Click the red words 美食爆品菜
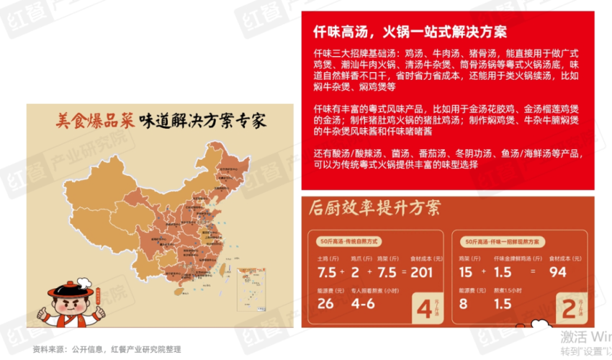pyautogui.click(x=96, y=120)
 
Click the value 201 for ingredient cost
pyautogui.click(x=421, y=271)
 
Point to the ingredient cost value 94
pyautogui.click(x=559, y=271)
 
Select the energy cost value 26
pyautogui.click(x=325, y=303)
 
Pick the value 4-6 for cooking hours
pyautogui.click(x=364, y=303)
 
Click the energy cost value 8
pyautogui.click(x=464, y=303)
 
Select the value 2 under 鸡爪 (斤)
pyautogui.click(x=356, y=271)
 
